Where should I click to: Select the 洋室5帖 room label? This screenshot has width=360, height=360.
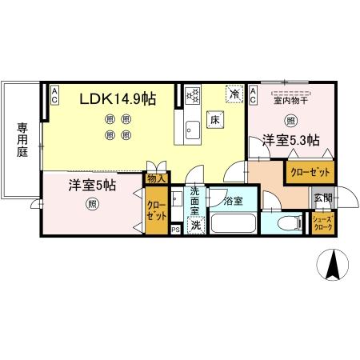click(92, 185)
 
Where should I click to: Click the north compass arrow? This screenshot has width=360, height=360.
click(331, 263)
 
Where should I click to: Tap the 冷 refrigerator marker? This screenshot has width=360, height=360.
click(234, 95)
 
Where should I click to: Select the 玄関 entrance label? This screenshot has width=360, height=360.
click(322, 198)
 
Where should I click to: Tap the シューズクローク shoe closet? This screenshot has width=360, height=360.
click(323, 223)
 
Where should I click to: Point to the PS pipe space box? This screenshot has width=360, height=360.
click(176, 230)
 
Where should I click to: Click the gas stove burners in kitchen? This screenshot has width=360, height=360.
click(192, 96)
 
